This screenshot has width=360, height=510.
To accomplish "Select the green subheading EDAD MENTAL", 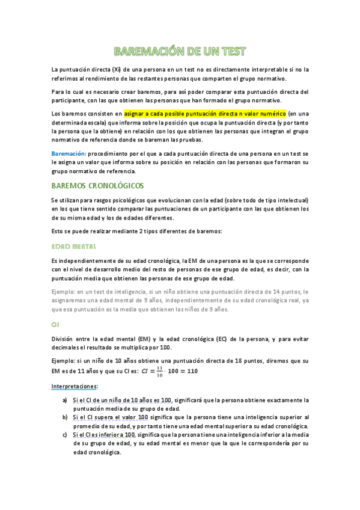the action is pyautogui.click(x=73, y=247).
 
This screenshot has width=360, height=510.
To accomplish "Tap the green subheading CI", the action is pyautogui.click(x=55, y=325).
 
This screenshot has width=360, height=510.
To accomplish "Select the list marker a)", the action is pyautogui.click(x=65, y=400).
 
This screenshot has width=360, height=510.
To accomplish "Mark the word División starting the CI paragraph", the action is pyautogui.click(x=64, y=339).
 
